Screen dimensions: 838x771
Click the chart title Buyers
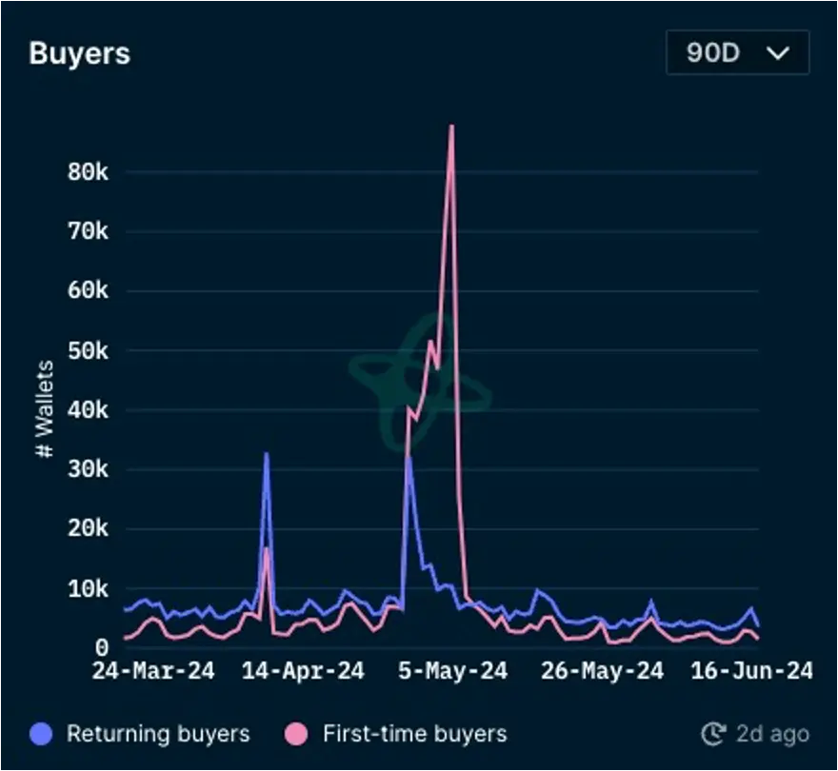tap(80, 53)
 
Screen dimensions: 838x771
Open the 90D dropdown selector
tap(737, 52)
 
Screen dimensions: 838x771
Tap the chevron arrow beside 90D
tap(778, 53)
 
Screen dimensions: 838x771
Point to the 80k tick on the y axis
tap(89, 172)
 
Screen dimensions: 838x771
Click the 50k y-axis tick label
tap(89, 351)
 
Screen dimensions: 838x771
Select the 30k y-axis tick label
tap(89, 469)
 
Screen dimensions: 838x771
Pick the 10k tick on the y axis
tap(89, 589)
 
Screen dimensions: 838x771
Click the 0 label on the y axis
tap(102, 648)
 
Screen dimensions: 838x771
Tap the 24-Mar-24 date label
tap(153, 670)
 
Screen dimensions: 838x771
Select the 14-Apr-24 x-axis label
tap(303, 670)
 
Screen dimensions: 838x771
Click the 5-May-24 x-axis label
tap(452, 670)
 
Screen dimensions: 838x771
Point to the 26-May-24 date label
tap(602, 670)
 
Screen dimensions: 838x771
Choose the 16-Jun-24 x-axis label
tap(752, 670)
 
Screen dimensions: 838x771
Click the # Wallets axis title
tap(45, 408)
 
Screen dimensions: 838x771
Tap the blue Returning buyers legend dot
tap(41, 734)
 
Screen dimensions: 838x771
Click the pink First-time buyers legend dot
tap(296, 734)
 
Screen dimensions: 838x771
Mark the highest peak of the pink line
tap(452, 126)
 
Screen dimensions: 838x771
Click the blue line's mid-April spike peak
tap(266, 454)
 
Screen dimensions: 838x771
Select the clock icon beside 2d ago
tap(713, 734)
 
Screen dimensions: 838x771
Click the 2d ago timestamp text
tap(773, 734)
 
